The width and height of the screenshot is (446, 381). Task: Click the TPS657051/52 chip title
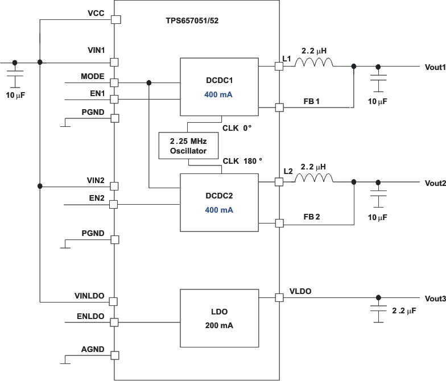point(193,20)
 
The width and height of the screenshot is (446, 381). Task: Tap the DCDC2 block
point(219,202)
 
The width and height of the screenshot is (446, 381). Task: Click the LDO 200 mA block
point(219,318)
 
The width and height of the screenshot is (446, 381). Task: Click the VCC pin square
point(115,19)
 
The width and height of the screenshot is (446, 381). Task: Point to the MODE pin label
point(93,76)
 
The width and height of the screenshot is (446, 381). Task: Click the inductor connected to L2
point(313,179)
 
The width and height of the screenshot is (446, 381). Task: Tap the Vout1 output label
point(435,67)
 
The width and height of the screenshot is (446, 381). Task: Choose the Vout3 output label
point(435,299)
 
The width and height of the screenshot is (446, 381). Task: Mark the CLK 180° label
point(242,161)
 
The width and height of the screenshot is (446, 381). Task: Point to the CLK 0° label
point(237,128)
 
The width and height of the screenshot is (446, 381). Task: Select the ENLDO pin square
point(114,322)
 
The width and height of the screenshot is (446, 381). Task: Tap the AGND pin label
point(93,350)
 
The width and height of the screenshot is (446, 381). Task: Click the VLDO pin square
point(279,297)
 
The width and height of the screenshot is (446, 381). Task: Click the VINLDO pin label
point(89,296)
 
